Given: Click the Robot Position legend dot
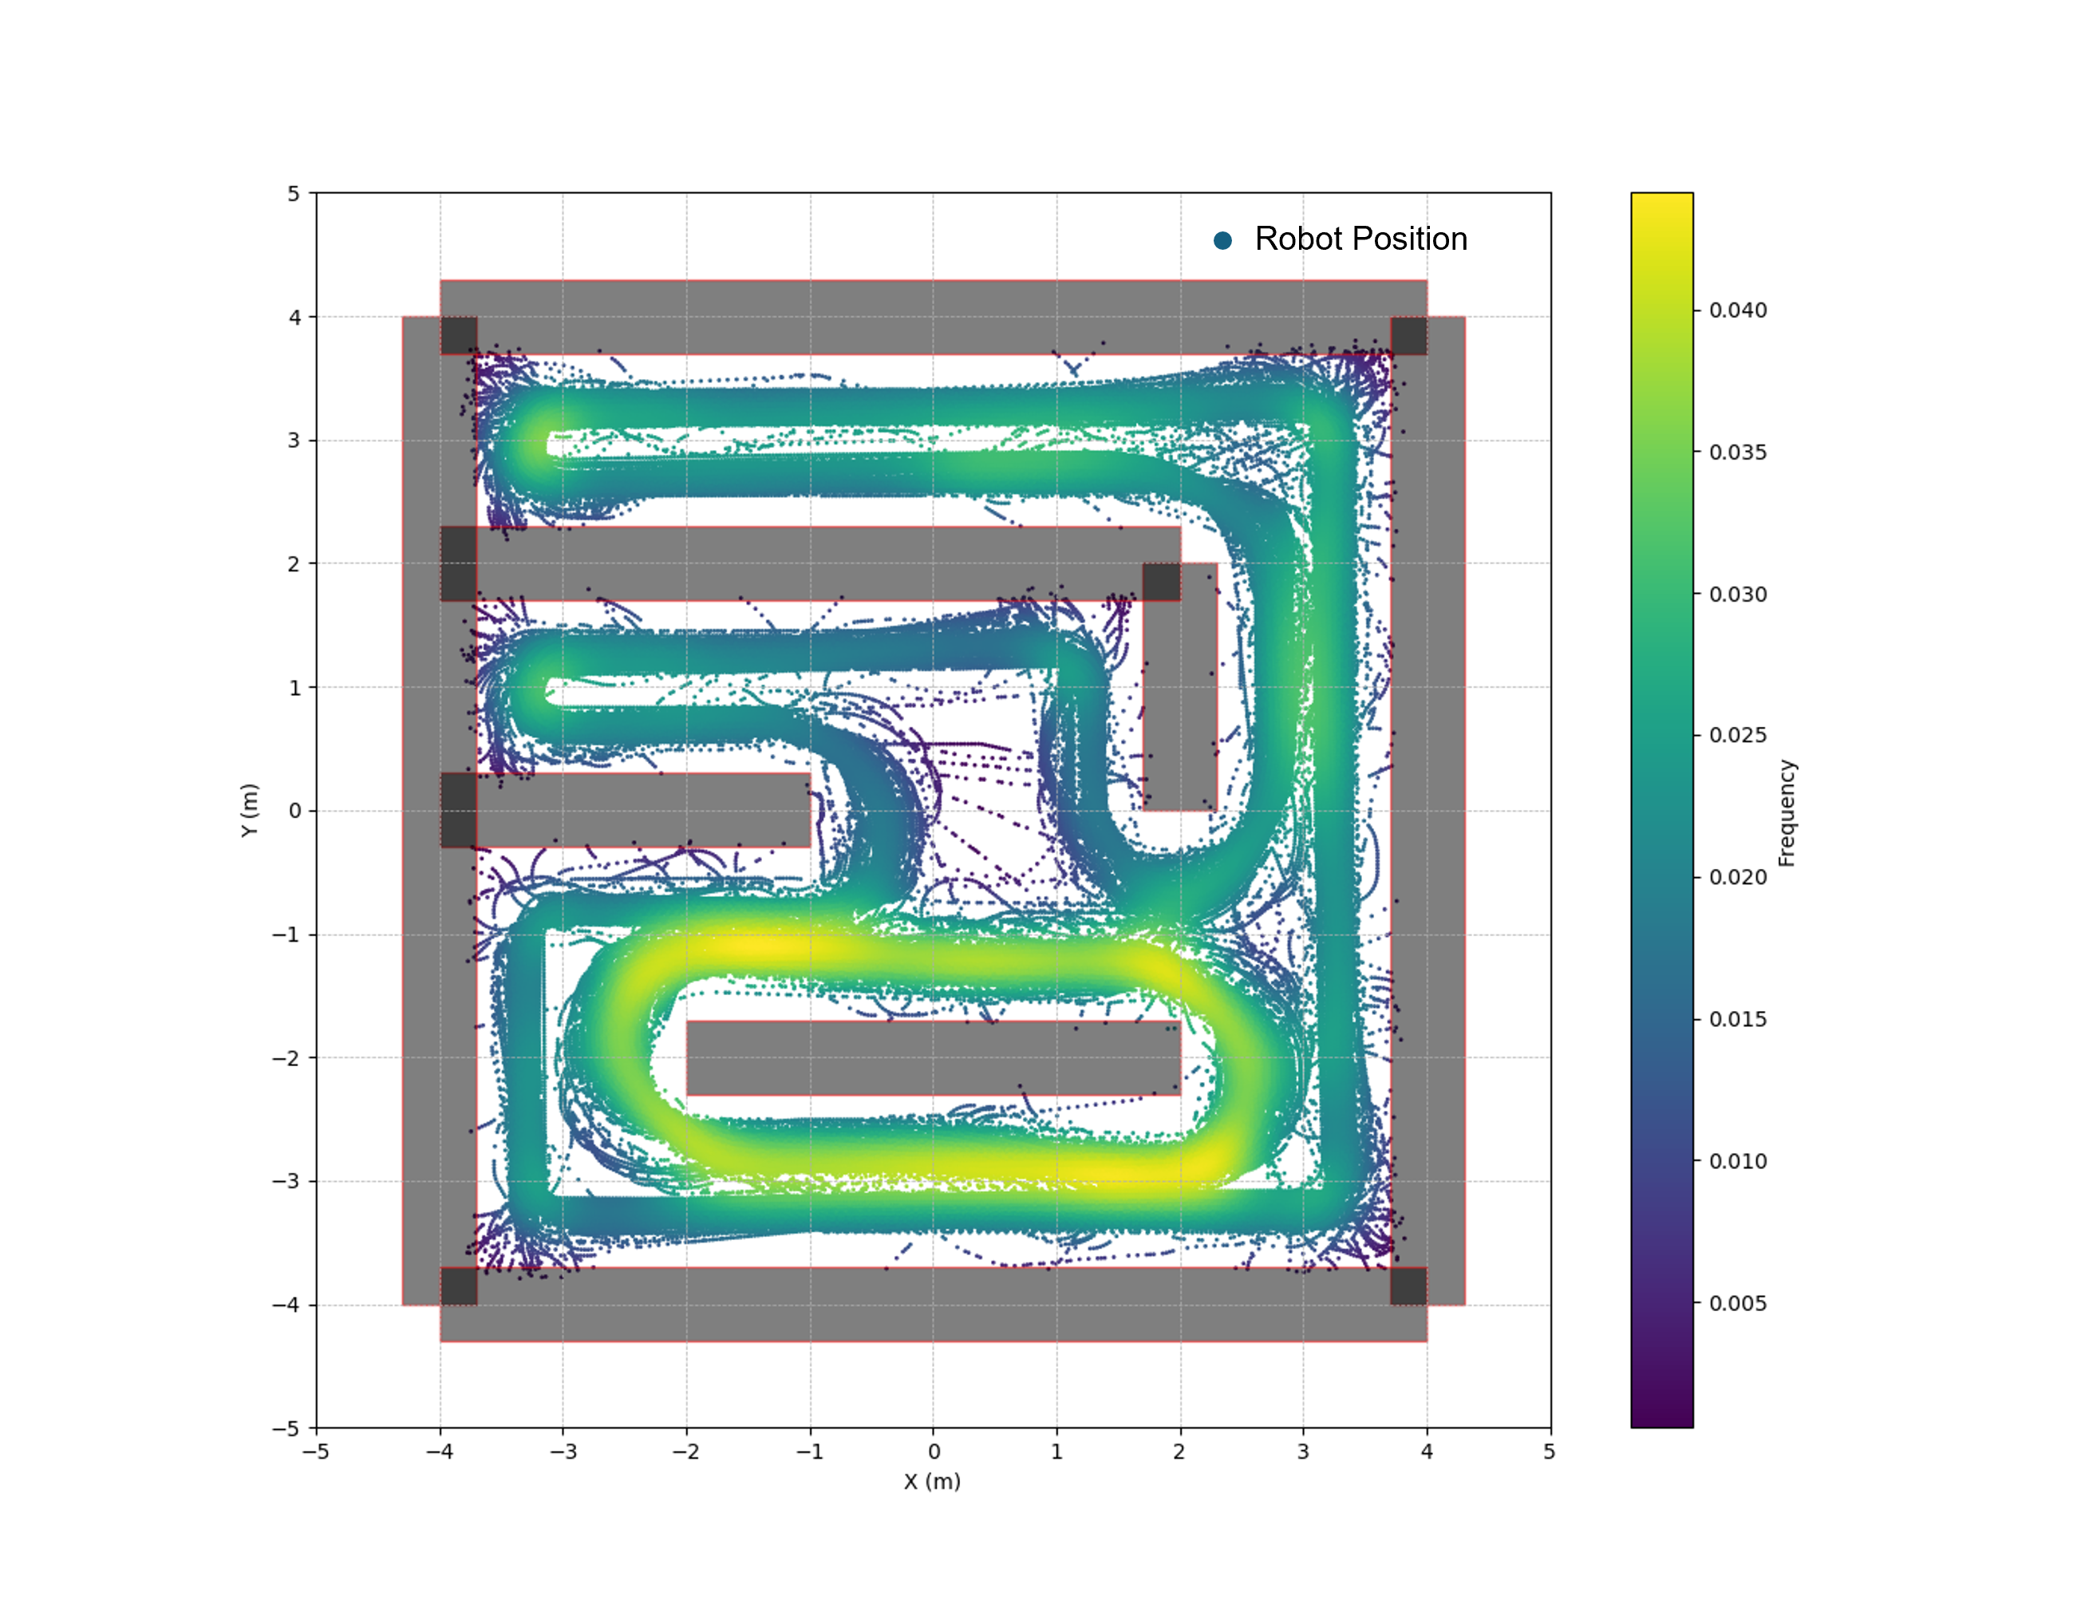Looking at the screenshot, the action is click(x=1222, y=240).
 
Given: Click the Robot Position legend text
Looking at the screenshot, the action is click(x=1360, y=239).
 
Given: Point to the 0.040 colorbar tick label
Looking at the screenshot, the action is click(x=1738, y=310).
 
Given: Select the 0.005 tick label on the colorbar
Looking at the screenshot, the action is click(x=1738, y=1303).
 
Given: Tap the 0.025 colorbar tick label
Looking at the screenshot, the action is click(x=1738, y=736).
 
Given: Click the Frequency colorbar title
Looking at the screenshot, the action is click(x=1787, y=813).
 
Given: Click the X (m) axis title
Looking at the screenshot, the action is click(x=932, y=1481).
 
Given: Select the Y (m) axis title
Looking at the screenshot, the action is click(x=250, y=810).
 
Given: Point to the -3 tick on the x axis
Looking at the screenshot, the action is click(x=563, y=1452).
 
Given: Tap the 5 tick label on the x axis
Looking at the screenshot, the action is click(x=1550, y=1452).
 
